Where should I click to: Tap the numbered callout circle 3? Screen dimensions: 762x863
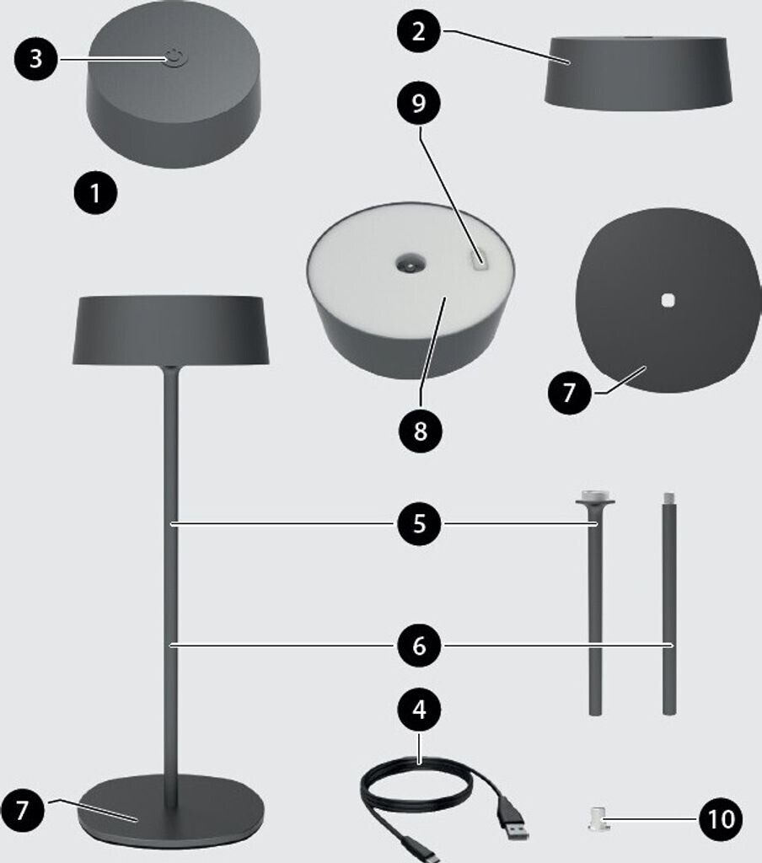pos(35,58)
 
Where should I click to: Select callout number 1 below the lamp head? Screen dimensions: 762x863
pos(95,193)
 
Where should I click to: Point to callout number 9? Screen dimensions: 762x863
pos(418,103)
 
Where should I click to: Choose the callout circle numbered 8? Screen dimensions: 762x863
pos(420,431)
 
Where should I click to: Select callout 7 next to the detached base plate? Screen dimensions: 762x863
pos(569,393)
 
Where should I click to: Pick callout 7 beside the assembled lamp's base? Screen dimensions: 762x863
pos(22,810)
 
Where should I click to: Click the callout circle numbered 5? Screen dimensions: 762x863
pos(419,523)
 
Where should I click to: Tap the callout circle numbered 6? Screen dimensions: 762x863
pos(419,645)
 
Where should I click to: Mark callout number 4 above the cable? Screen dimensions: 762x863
pos(419,710)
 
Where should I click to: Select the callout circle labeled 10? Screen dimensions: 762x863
pos(720,819)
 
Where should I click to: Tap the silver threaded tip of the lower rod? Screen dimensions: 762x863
pos(669,498)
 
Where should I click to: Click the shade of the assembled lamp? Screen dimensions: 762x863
pos(170,330)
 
